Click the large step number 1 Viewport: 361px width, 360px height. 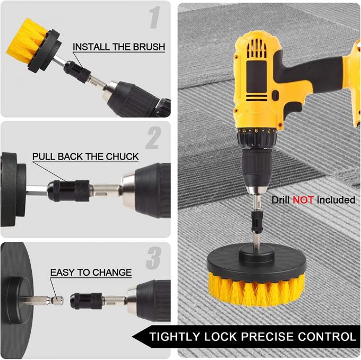pos(154,19)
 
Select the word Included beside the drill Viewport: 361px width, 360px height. pos(336,200)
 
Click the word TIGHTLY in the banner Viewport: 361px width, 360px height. pos(175,337)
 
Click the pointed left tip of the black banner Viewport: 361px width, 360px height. pos(134,337)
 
